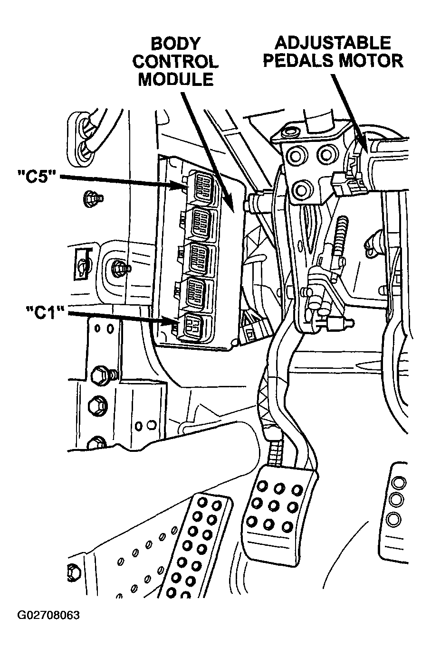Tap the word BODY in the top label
coord(175,44)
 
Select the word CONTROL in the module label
coord(175,62)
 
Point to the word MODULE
coord(175,79)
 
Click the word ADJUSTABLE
coord(333,43)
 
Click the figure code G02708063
coord(48,616)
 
